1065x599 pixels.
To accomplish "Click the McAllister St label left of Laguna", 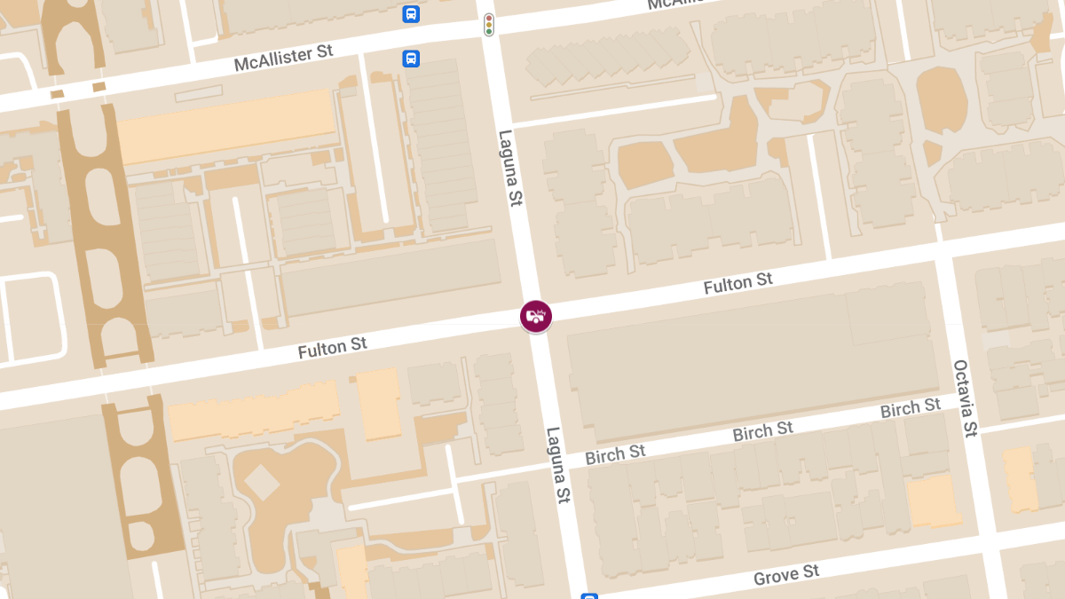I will [283, 59].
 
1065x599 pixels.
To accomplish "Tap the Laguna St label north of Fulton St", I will [508, 169].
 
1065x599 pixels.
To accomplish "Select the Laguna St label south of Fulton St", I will [556, 465].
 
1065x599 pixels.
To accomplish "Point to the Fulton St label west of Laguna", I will [332, 347].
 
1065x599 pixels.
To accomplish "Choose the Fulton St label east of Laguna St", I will [738, 284].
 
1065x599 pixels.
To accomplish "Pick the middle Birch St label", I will [762, 432].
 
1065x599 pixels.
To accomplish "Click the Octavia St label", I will [964, 398].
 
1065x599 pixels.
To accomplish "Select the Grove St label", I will [786, 575].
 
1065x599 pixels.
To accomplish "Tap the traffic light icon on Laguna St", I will [488, 25].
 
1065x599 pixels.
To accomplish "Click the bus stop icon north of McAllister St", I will [411, 13].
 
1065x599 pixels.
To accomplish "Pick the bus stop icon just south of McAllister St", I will [411, 59].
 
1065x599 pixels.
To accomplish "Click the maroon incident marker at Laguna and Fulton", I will [535, 316].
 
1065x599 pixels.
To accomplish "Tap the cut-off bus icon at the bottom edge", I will [589, 595].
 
